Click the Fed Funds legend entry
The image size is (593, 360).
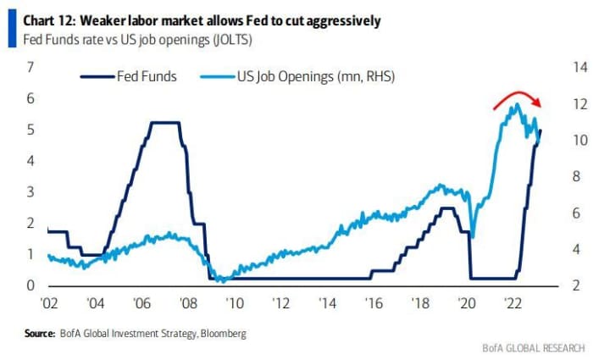tap(129, 76)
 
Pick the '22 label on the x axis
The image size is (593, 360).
tap(513, 302)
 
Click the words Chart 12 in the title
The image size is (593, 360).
tap(33, 19)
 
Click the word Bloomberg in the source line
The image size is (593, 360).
tap(224, 334)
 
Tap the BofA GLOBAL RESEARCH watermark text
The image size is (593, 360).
tap(534, 347)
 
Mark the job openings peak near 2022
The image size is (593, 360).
tap(515, 104)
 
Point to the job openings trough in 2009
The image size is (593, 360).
tap(221, 280)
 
